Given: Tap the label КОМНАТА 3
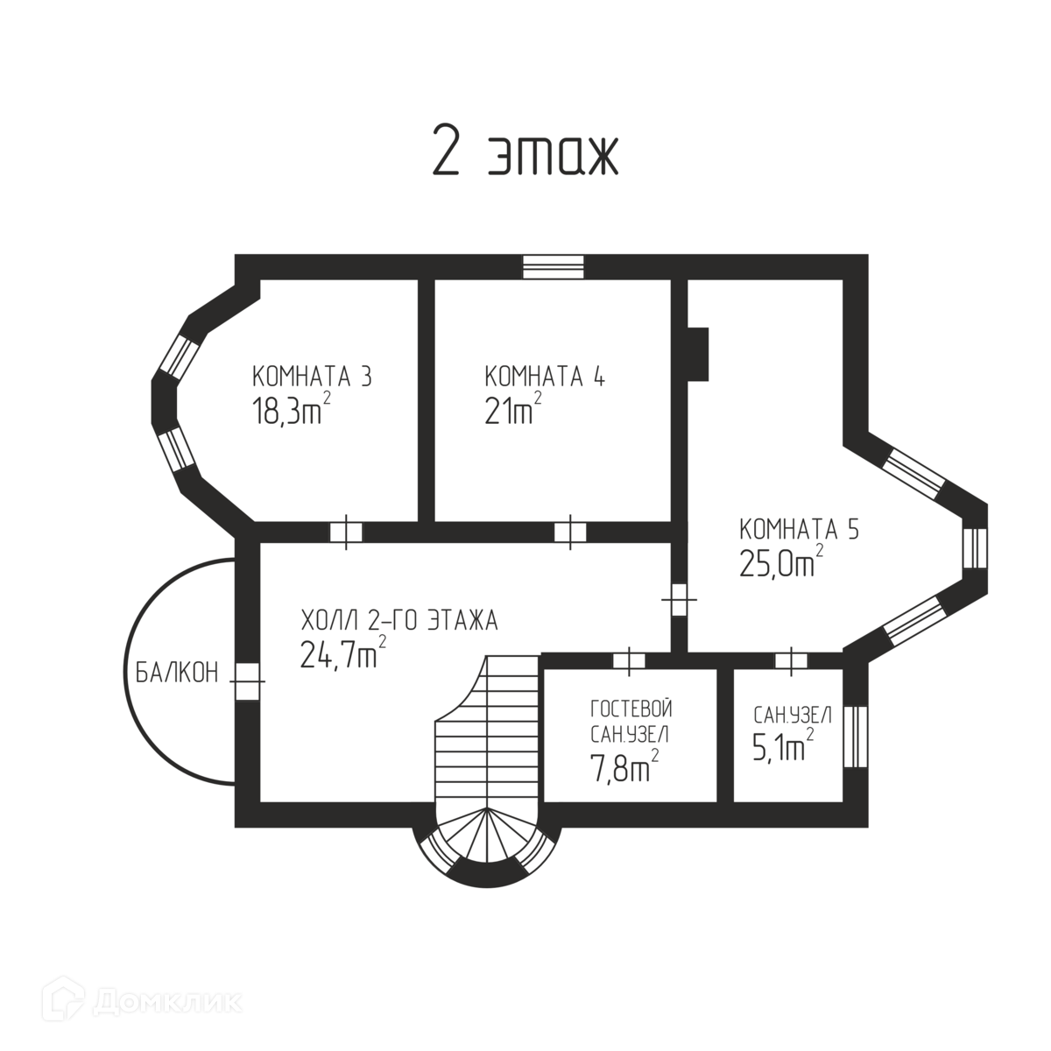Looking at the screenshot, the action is pyautogui.click(x=312, y=377).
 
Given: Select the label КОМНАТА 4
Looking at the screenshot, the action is pyautogui.click(x=545, y=377).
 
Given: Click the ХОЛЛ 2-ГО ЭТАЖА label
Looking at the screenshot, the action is pyautogui.click(x=399, y=622).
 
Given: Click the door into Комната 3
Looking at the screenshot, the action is pyautogui.click(x=346, y=532).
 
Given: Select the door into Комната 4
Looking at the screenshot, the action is pyautogui.click(x=570, y=532).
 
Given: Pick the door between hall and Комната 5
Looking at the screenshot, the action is pyautogui.click(x=679, y=602).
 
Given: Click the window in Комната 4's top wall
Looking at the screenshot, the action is pyautogui.click(x=553, y=266).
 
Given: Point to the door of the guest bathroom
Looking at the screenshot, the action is pyautogui.click(x=628, y=661).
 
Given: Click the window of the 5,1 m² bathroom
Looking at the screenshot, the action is pyautogui.click(x=856, y=736).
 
